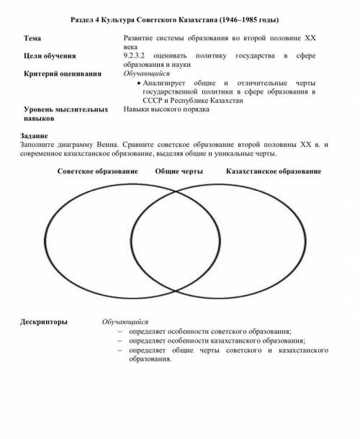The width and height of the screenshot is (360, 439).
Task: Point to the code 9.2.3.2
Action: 138,55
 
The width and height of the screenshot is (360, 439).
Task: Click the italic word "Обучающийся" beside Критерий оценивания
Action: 147,73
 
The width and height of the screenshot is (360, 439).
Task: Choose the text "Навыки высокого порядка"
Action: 166,110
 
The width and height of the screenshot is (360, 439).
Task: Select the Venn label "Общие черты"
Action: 178,173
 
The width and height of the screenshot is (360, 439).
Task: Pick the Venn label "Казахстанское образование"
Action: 273,173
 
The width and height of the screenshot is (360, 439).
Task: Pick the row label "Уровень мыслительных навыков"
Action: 65,114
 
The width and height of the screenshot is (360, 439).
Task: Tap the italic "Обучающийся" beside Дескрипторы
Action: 125,322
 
